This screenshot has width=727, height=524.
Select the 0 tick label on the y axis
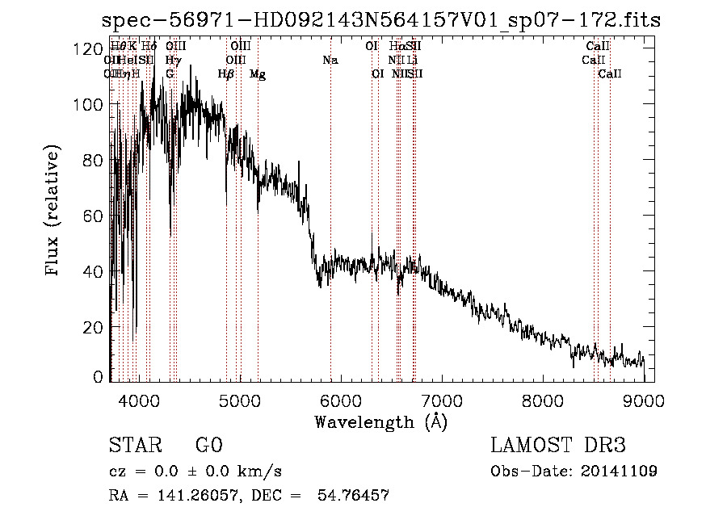(x=98, y=376)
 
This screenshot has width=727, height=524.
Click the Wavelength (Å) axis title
(x=380, y=421)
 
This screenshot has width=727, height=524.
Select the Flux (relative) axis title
(x=54, y=212)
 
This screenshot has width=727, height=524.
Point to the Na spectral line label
(x=330, y=60)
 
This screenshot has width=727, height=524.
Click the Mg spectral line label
(x=257, y=74)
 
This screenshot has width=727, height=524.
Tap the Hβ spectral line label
(x=226, y=74)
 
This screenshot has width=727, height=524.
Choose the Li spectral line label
(x=413, y=60)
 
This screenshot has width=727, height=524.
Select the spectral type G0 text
(x=208, y=446)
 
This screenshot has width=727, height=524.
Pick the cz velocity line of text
(x=195, y=472)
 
